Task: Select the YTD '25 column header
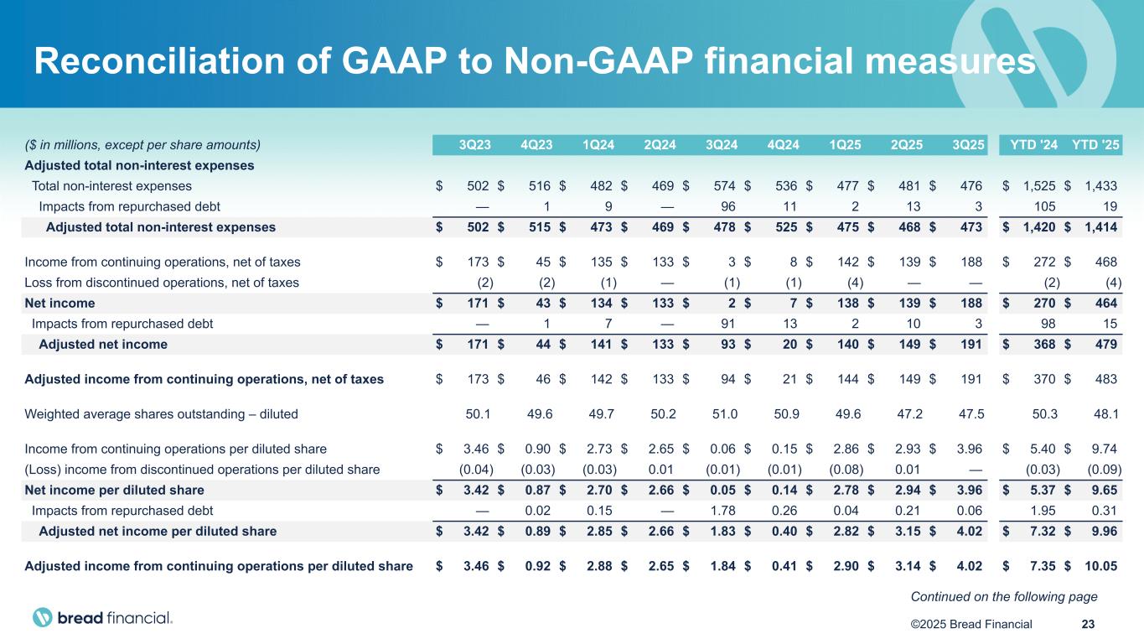point(1095,144)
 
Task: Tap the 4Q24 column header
point(783,144)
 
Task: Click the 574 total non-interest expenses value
point(723,186)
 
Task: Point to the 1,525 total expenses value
point(1033,186)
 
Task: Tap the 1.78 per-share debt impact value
point(723,510)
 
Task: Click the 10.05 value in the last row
point(1100,565)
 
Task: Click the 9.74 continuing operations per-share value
point(1105,449)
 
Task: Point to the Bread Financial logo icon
point(43,618)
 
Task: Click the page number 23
point(1089,623)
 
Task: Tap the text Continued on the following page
point(1004,596)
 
